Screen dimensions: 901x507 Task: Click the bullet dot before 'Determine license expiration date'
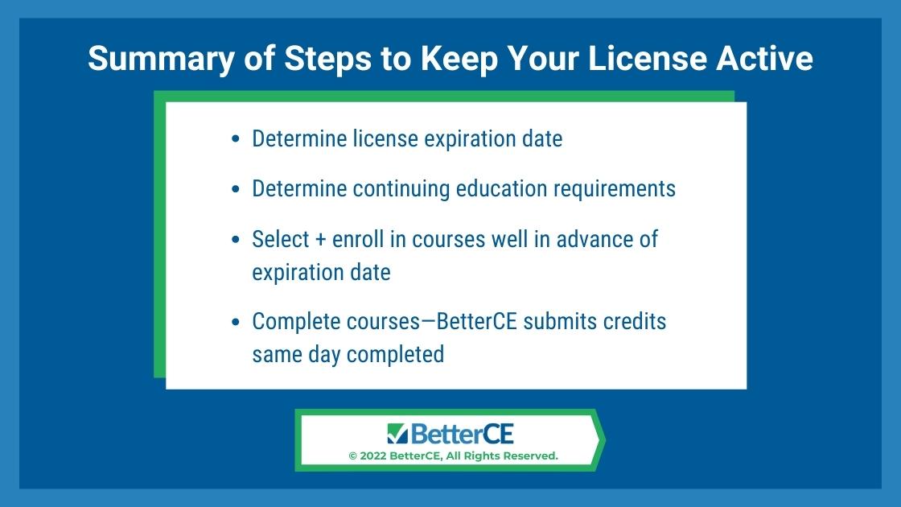235,139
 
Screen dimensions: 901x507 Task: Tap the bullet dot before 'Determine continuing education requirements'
235,189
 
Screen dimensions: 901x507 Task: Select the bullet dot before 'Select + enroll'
235,239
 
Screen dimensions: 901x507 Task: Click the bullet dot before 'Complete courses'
235,322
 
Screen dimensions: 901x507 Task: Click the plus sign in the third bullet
321,240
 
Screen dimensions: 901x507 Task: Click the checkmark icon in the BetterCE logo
397,434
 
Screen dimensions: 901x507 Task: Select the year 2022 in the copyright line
373,455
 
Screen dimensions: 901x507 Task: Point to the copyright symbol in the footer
353,455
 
